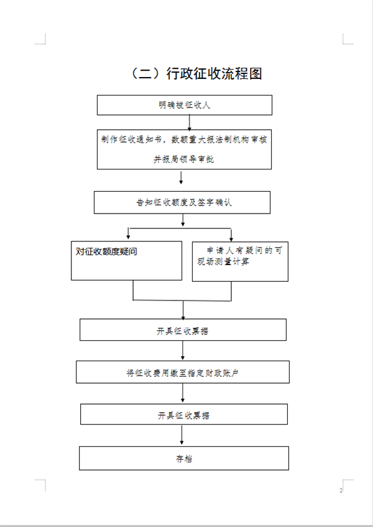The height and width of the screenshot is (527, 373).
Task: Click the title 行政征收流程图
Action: tap(214, 74)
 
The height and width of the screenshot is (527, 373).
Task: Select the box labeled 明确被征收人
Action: tap(185, 105)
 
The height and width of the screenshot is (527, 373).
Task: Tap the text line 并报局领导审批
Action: tap(184, 159)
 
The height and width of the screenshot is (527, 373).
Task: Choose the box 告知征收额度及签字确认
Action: tap(182, 202)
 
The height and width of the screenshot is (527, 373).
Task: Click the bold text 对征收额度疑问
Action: tap(106, 251)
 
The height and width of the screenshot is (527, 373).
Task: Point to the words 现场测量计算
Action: tap(223, 261)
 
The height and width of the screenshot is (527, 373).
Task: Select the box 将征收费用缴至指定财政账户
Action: tap(183, 372)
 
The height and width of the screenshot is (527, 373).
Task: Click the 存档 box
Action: tap(184, 458)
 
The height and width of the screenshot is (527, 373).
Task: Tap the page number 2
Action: tap(341, 490)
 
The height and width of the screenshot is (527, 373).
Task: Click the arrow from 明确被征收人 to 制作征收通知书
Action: tap(189, 123)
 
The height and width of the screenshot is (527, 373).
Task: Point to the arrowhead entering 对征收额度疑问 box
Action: tap(128, 237)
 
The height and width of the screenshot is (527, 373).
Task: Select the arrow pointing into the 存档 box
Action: tap(182, 435)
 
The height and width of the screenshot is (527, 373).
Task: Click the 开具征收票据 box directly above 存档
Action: tap(184, 415)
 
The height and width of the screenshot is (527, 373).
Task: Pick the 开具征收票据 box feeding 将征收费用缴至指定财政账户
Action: tap(183, 330)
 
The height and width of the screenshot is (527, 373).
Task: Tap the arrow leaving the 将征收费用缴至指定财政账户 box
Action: tap(183, 393)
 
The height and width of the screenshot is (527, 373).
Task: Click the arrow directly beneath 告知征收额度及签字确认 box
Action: tap(183, 220)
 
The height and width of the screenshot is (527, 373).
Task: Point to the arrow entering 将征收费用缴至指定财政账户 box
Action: tap(183, 350)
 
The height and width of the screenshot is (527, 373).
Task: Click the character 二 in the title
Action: tap(145, 74)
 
